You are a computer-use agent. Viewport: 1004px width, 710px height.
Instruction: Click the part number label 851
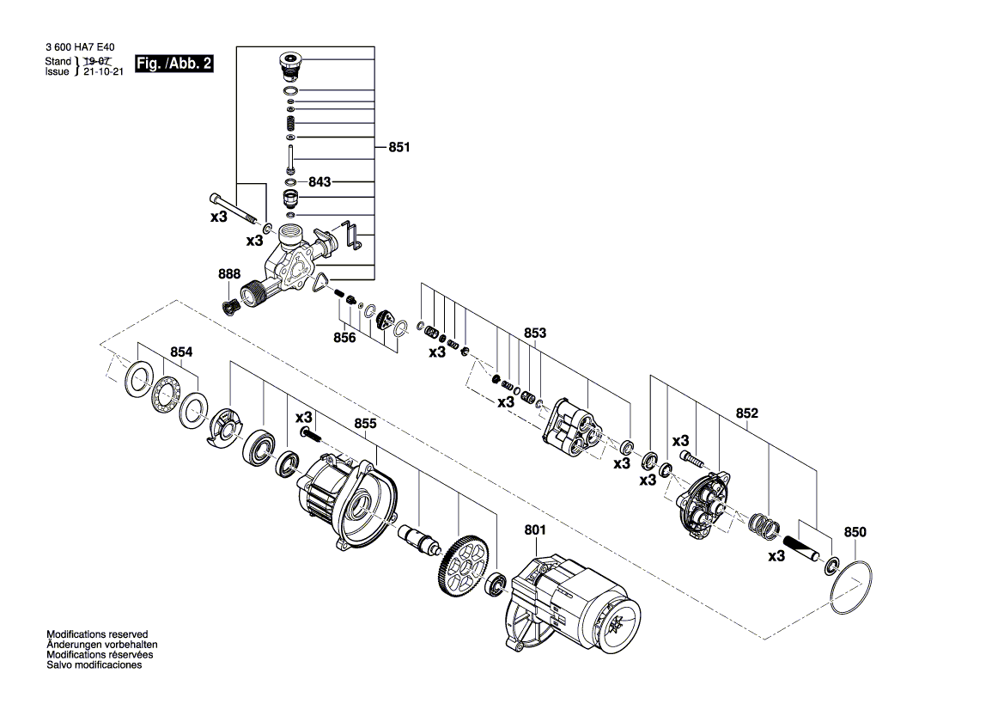coord(399,147)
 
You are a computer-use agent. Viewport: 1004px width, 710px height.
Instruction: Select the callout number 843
coord(319,182)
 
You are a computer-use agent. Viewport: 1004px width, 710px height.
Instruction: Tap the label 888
coord(229,274)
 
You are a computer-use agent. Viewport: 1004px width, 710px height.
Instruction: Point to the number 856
coord(344,338)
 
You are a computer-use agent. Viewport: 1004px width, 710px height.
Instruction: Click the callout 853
coord(535,333)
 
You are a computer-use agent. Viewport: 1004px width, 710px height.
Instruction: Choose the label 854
coord(181,352)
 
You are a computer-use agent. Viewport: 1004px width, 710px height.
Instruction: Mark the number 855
coord(365,423)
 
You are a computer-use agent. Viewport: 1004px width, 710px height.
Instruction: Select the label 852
coord(747,413)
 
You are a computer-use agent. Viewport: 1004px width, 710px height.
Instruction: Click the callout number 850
coord(855,532)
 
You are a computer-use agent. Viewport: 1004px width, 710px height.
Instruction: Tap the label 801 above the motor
coord(535,530)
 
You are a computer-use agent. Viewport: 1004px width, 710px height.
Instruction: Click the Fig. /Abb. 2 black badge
coord(173,64)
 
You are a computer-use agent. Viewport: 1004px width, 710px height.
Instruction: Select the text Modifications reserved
coord(97,633)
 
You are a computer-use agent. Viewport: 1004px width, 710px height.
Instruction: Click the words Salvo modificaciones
coord(94,664)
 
